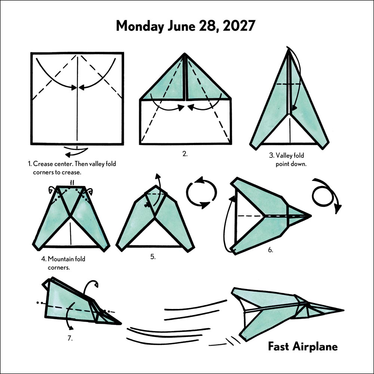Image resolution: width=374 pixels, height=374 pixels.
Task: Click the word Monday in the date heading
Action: (x=140, y=26)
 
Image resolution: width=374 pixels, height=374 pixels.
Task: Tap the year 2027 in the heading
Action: (x=239, y=25)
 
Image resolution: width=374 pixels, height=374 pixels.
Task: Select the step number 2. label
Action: (x=185, y=154)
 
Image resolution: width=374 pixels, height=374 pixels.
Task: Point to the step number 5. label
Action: (x=153, y=257)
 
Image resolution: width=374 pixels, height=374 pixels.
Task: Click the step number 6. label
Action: (x=270, y=250)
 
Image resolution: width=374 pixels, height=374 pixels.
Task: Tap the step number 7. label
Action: (x=70, y=338)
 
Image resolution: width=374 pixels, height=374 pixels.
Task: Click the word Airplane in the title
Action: (x=315, y=347)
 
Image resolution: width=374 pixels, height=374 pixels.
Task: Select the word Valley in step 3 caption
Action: (x=283, y=156)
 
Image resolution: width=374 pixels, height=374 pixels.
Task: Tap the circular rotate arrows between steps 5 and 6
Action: (x=202, y=193)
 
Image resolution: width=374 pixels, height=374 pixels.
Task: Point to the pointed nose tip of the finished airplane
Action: (x=344, y=310)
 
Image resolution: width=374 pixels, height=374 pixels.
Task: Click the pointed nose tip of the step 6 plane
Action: (x=311, y=216)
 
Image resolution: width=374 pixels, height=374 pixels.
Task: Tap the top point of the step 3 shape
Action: (x=289, y=49)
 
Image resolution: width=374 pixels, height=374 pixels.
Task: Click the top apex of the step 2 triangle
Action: (x=185, y=54)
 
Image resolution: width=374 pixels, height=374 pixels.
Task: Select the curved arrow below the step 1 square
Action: (x=76, y=152)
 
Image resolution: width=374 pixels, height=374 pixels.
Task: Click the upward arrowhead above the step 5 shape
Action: (x=158, y=176)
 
